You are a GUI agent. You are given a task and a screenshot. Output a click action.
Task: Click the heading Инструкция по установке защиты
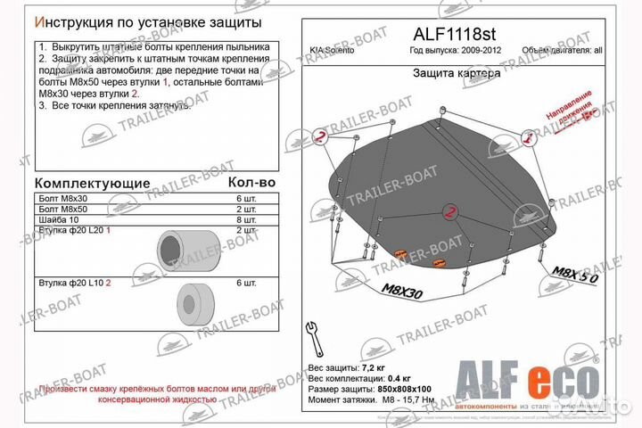[147, 21]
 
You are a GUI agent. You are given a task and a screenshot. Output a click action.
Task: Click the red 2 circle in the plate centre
[450, 210]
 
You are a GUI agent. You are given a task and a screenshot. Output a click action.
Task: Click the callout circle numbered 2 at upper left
[320, 137]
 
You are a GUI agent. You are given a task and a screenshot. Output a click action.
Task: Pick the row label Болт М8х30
[65, 197]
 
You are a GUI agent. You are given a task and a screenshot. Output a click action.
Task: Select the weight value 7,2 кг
[375, 366]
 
